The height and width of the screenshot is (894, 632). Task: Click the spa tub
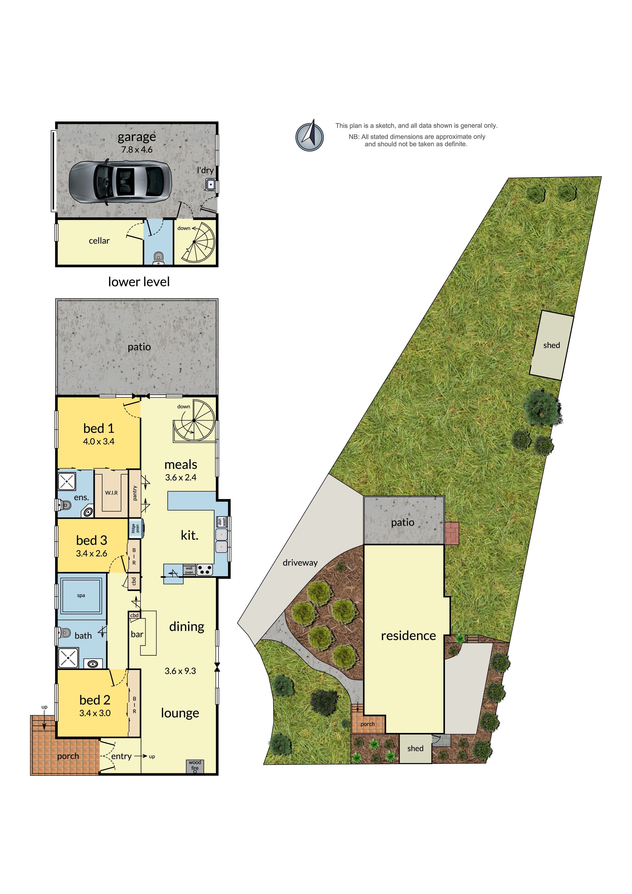point(81,595)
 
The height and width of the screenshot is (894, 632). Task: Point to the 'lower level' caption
point(139,282)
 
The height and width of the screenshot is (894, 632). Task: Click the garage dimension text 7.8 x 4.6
point(137,150)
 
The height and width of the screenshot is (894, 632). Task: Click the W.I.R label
point(111,493)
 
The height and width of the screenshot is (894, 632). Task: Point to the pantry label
point(135,493)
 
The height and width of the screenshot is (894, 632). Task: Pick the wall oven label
point(189,570)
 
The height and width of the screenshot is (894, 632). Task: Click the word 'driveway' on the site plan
point(300,563)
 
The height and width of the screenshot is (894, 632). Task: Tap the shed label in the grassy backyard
point(551,345)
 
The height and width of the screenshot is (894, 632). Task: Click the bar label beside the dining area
point(137,634)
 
